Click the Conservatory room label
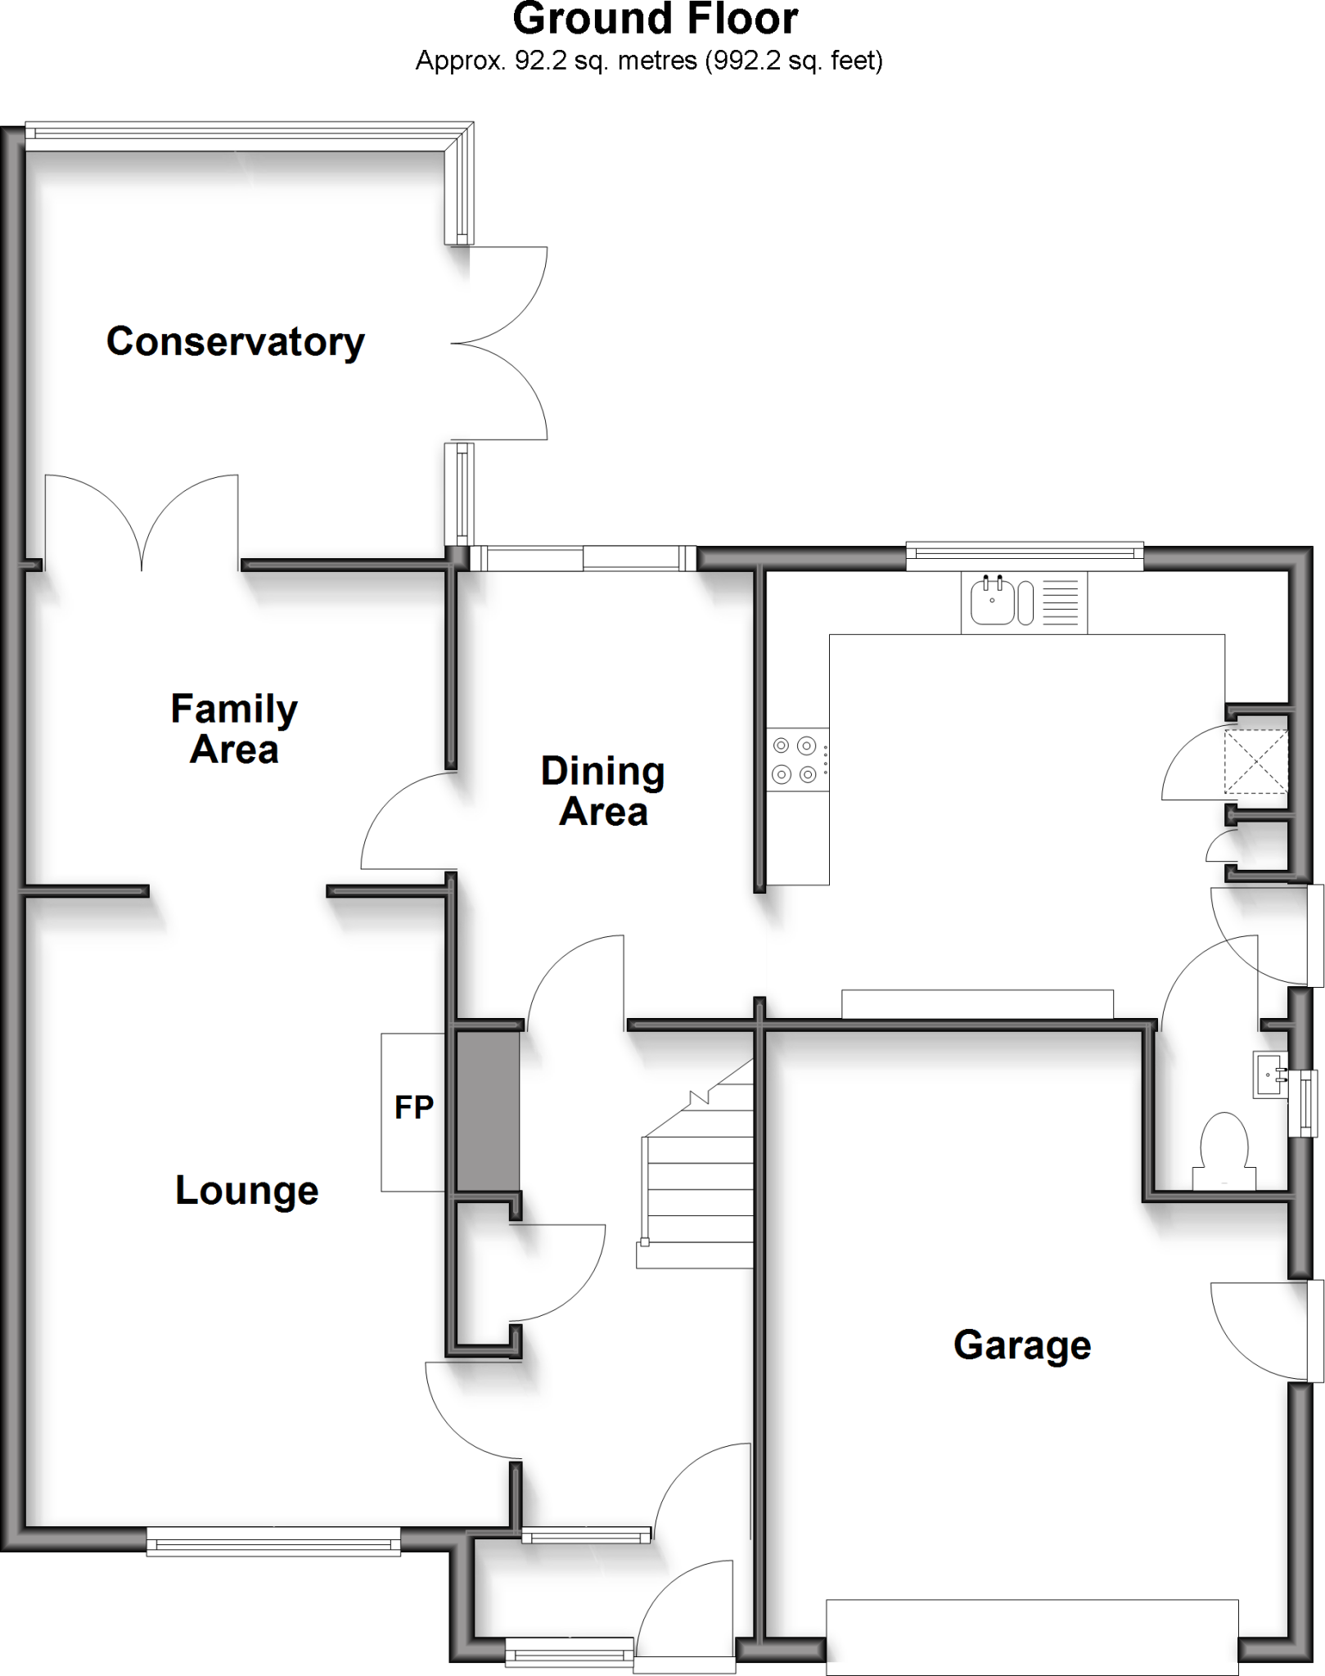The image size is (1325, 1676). [x=236, y=342]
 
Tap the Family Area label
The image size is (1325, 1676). [x=234, y=729]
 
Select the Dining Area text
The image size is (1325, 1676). [x=603, y=791]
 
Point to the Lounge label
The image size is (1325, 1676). [x=246, y=1191]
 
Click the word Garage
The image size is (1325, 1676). [x=1022, y=1345]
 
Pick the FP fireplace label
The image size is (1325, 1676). [x=413, y=1107]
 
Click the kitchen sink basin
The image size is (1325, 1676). [x=992, y=601]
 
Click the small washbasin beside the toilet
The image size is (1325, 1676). [x=1269, y=1075]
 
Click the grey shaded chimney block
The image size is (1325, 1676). [x=488, y=1110]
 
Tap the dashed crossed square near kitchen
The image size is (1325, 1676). [x=1255, y=762]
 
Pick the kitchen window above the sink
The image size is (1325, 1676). [x=1025, y=556]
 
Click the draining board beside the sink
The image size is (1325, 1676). [x=1061, y=602]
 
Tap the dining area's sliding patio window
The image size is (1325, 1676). [x=583, y=559]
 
